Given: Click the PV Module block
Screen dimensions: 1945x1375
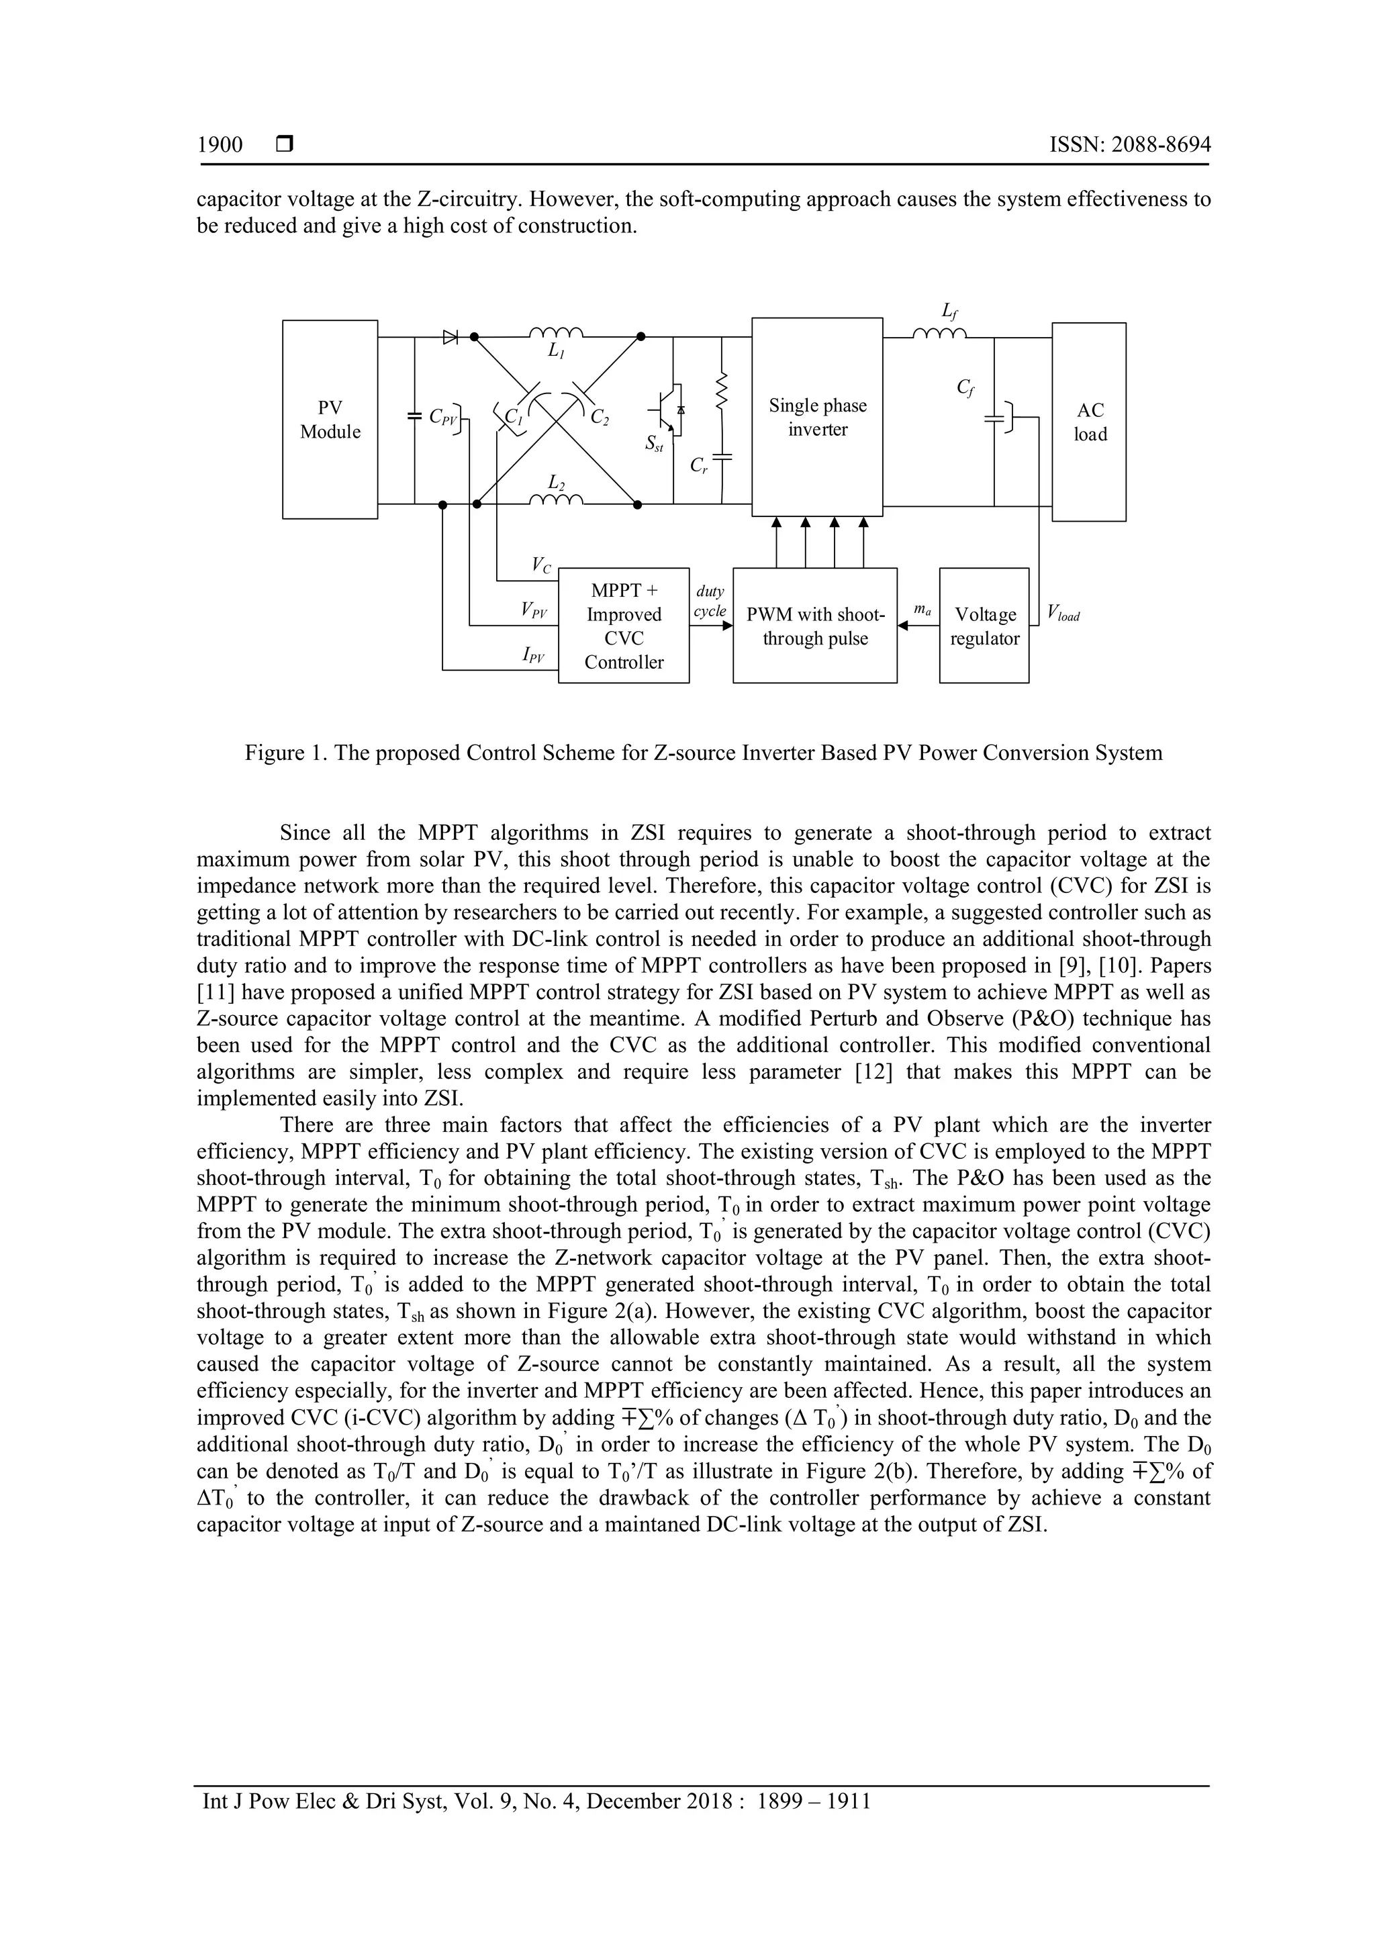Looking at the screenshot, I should [330, 420].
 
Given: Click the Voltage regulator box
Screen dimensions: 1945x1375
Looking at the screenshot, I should [984, 626].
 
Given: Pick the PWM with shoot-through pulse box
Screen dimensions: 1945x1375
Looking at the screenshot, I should [814, 626].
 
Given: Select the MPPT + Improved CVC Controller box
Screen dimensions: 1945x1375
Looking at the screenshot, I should [624, 626].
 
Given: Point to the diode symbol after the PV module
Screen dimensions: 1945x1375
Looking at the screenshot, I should [450, 337].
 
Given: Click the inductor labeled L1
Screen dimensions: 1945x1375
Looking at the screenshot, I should [555, 332].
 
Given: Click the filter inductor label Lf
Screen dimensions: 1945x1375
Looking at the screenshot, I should [950, 312].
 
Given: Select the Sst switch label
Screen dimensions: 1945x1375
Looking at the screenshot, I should [653, 443].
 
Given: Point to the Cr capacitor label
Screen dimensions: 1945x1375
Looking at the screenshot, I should [698, 465].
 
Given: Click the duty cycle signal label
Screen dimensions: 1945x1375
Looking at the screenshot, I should [710, 602].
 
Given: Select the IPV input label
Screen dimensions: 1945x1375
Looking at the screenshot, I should [533, 654].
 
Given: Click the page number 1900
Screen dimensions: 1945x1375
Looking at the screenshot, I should [220, 145].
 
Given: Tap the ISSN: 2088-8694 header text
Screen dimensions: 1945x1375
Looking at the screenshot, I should [1129, 145].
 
